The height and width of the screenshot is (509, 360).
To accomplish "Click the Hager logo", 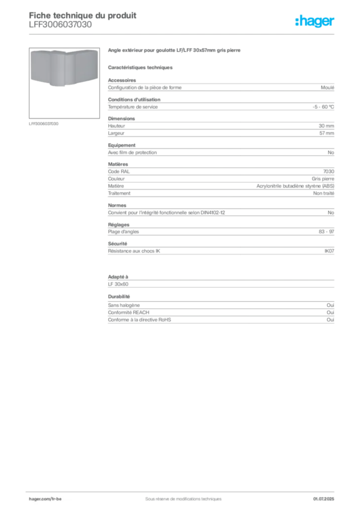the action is pos(314,21).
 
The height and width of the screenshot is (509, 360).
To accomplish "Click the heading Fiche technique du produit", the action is pos(83,15).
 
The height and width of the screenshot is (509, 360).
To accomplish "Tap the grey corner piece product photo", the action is pos(64,68).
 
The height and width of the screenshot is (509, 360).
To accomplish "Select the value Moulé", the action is pos(327,87).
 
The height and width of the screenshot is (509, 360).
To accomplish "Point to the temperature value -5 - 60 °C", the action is pos(323,107).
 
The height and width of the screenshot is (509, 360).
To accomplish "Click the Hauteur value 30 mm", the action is pos(326,126).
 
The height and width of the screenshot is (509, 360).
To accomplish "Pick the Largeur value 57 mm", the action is pos(327,133).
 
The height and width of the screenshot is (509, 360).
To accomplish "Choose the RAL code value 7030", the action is pos(329,171).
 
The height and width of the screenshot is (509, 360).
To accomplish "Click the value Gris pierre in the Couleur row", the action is pos(323,178).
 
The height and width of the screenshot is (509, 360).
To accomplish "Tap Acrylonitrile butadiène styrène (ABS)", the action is pos(295,186).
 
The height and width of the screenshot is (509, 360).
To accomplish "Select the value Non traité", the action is pos(323,193).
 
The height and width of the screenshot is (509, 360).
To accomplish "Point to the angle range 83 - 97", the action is pos(326,232).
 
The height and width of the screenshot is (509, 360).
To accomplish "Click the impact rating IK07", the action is pos(329,251).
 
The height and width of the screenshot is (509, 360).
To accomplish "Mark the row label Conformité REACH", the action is pos(129,312).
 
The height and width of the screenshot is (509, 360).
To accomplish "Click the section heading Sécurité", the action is pos(117,244).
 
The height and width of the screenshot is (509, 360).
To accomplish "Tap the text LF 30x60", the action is pos(118,284).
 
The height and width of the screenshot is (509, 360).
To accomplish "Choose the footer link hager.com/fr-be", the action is pos(45,499).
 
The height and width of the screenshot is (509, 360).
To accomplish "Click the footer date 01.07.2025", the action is pos(323,499).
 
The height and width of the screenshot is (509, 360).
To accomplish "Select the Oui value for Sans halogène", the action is pos(330,305).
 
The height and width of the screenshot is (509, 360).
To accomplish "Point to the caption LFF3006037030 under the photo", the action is pos(43,124).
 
